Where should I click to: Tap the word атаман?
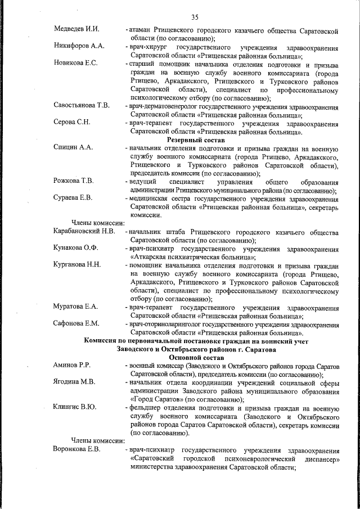pyautogui.click(x=141, y=28)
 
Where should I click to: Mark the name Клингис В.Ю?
pyautogui.click(x=75, y=407)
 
